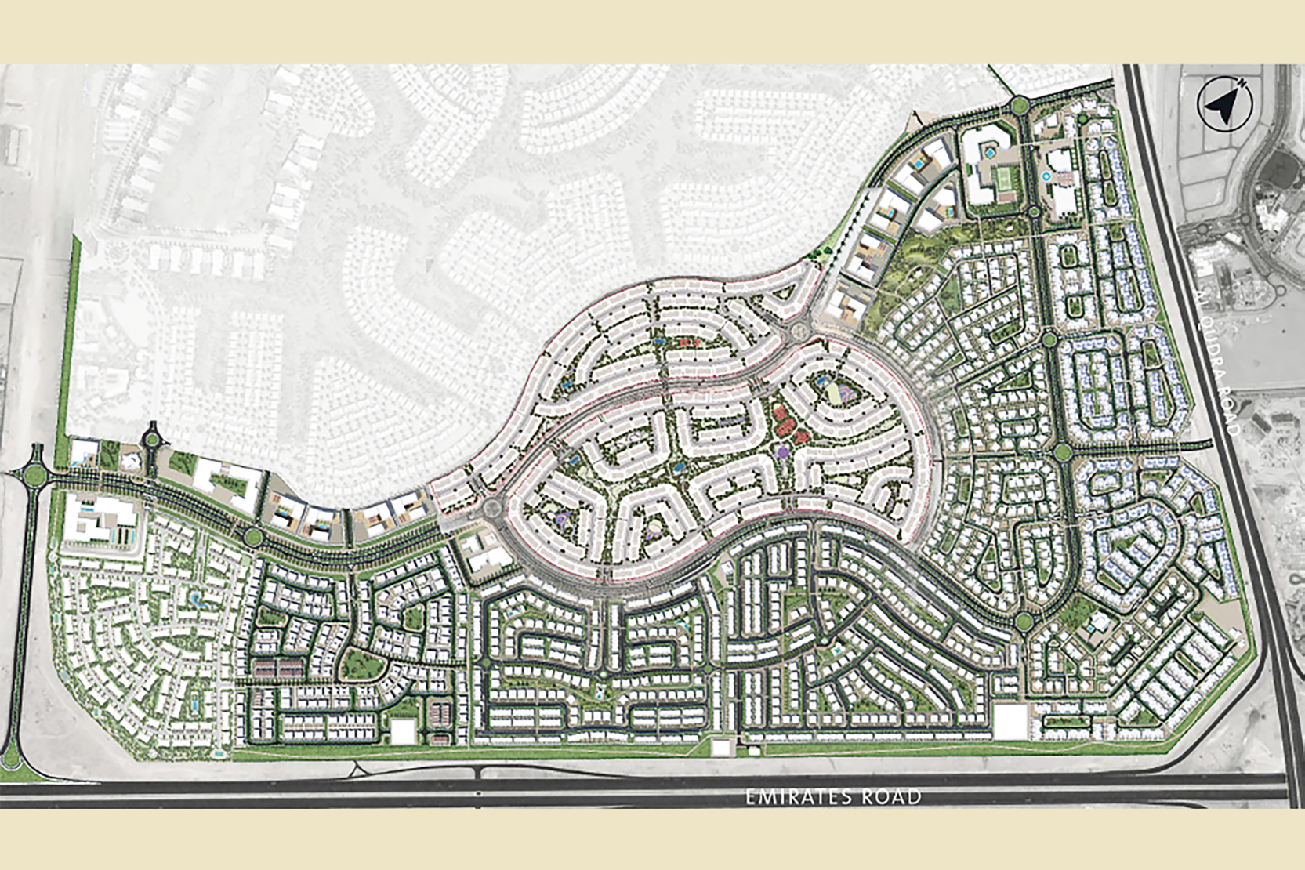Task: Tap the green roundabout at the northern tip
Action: click(1020, 105)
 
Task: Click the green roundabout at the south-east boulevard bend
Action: click(1024, 622)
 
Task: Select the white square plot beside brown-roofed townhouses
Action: click(403, 731)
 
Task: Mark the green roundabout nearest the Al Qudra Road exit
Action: click(1063, 452)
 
